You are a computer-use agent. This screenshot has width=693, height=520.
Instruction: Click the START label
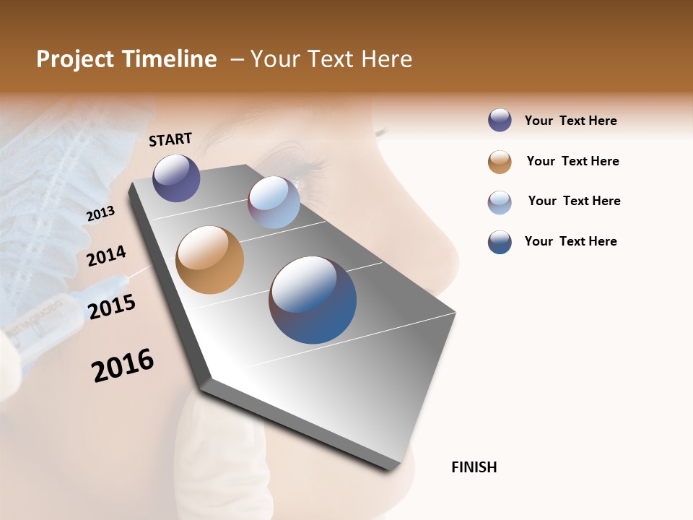170,139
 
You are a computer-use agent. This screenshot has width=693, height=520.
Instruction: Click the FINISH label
474,467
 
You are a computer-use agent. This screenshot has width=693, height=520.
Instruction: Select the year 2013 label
100,214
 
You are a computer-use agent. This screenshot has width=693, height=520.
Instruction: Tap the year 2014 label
106,256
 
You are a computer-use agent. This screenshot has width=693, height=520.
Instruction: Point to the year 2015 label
112,306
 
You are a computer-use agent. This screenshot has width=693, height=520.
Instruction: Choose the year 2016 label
123,365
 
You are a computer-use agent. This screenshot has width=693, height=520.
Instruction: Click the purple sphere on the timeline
176,178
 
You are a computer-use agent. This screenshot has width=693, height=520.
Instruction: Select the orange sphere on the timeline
209,260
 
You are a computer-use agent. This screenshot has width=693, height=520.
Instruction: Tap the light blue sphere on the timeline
274,202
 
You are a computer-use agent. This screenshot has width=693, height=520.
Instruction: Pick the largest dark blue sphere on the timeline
313,300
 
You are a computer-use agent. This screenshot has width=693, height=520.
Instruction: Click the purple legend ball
500,121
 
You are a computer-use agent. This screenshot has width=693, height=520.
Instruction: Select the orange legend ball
500,162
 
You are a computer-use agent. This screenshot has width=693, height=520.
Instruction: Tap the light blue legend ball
500,202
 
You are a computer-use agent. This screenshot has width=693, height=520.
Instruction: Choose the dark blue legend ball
500,242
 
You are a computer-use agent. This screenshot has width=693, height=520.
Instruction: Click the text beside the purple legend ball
570,121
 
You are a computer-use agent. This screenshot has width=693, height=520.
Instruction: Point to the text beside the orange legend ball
572,161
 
